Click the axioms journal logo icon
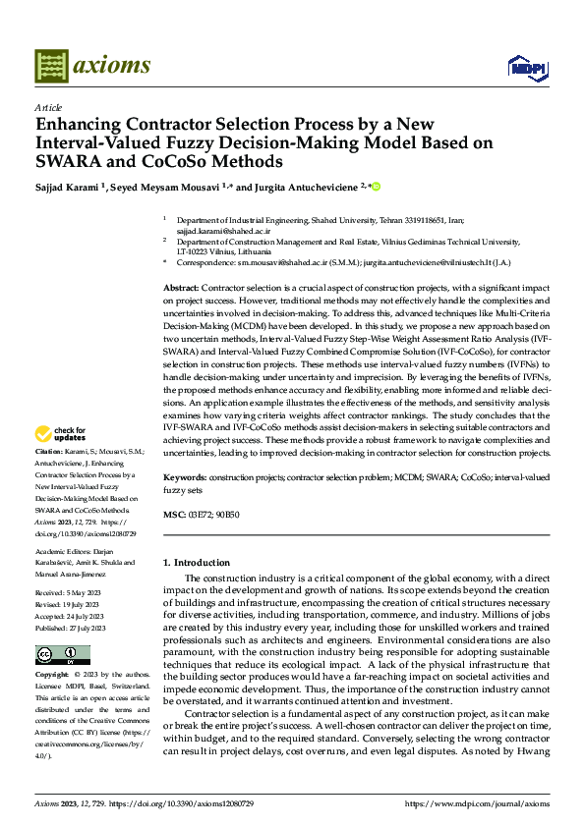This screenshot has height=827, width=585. (51, 66)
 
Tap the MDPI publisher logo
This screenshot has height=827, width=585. (527, 68)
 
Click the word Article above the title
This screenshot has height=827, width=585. (48, 107)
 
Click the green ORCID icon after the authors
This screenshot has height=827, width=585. (375, 186)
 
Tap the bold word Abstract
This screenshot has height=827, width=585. (180, 285)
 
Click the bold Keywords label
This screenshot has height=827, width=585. (185, 476)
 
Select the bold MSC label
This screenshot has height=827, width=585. (172, 514)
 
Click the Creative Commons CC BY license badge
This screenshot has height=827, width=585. (62, 655)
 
